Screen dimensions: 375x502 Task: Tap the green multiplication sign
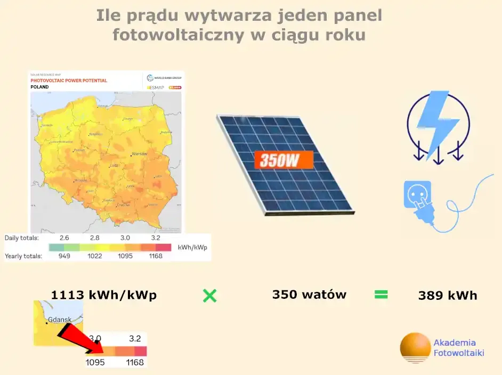(209, 296)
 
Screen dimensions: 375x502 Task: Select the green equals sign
(381, 294)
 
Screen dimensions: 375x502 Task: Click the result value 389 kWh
(448, 295)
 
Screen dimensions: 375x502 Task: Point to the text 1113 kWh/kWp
(104, 295)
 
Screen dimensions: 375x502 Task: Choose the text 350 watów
(309, 295)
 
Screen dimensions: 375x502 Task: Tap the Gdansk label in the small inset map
(59, 321)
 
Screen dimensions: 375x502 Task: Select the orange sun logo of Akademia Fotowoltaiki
(415, 348)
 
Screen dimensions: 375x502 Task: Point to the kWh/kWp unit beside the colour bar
(192, 247)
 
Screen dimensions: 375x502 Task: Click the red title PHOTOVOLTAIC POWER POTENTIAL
(69, 80)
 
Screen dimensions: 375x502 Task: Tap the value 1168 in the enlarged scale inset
(135, 362)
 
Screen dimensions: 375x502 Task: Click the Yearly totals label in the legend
(23, 256)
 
